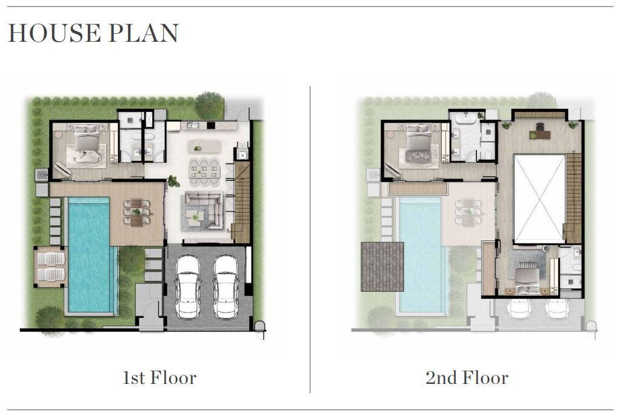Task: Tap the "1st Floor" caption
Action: tap(160, 378)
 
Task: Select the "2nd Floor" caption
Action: tap(467, 378)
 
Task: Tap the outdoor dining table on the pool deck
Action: tap(137, 212)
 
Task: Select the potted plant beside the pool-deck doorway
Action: tap(173, 181)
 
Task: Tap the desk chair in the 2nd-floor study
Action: tap(540, 127)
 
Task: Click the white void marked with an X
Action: tap(539, 199)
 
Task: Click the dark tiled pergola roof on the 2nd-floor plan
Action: tap(382, 266)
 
